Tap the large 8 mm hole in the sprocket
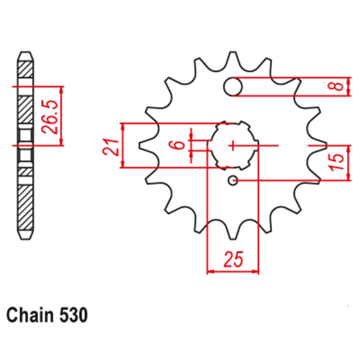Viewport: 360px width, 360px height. tap(233, 87)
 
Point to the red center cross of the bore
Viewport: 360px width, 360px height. tap(233, 145)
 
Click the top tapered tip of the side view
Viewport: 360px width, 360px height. tap(26, 57)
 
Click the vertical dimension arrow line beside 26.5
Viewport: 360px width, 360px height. tap(62, 116)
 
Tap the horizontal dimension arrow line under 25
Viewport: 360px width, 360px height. tap(233, 271)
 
